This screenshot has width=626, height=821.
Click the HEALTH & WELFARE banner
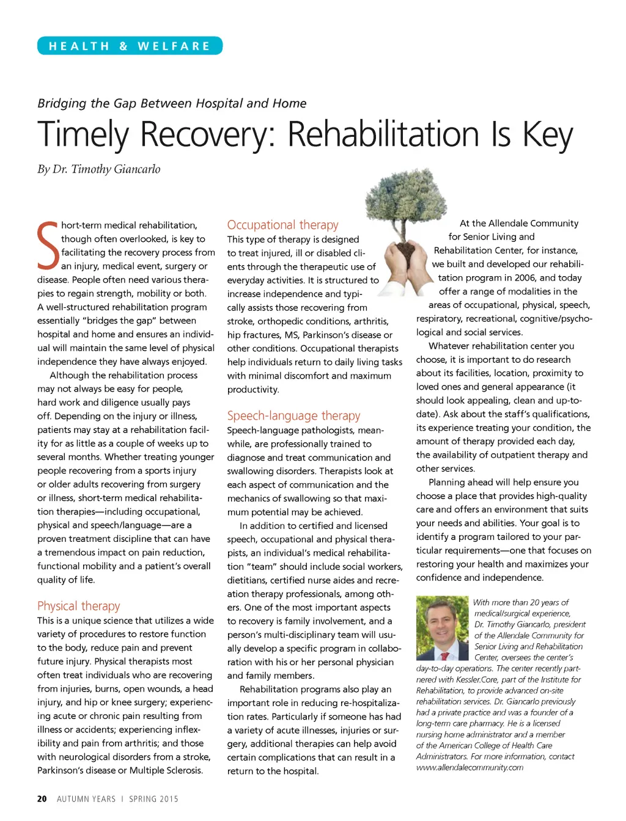click(x=130, y=46)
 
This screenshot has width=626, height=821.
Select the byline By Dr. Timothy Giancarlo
click(x=99, y=169)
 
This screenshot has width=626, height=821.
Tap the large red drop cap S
click(x=48, y=246)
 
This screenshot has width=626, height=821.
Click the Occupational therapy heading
click(x=282, y=225)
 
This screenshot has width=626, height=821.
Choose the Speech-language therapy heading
click(x=293, y=416)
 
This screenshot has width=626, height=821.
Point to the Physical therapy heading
click(x=78, y=606)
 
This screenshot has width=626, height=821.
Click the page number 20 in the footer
click(x=42, y=799)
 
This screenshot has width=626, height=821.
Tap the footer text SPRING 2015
click(x=153, y=799)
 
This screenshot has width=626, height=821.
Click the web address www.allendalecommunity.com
click(x=469, y=767)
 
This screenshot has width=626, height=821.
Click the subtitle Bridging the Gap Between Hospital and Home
click(x=172, y=103)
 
